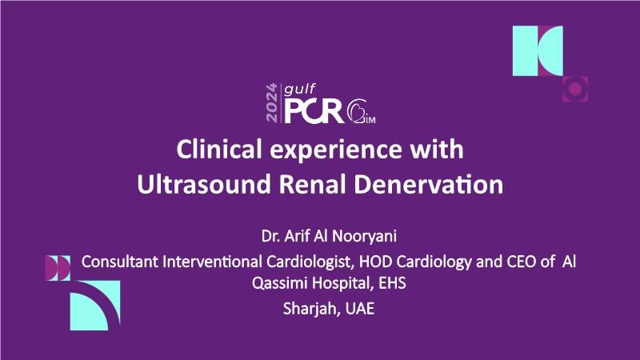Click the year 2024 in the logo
[271, 103]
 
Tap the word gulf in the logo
[299, 90]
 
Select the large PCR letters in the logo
[314, 111]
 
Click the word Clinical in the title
[219, 149]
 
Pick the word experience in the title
[336, 151]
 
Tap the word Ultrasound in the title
[204, 185]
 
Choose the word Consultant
[120, 262]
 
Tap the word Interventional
[213, 262]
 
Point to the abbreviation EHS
[392, 283]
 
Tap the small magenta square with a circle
[575, 89]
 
